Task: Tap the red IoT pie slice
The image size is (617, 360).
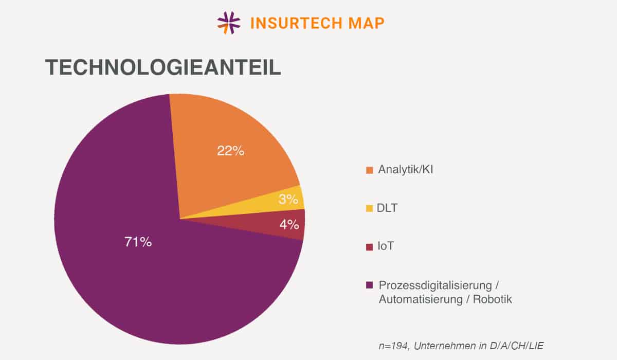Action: pos(278,226)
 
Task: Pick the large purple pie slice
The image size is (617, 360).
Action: pos(129,267)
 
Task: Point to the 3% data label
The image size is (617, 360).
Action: pos(288,200)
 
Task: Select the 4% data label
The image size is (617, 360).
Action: pos(289,225)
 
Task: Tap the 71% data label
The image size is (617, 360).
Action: pos(138,242)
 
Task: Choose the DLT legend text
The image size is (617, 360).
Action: pos(388,208)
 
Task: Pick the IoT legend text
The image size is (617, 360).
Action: pos(386,246)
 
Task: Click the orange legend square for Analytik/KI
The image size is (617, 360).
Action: pos(369,170)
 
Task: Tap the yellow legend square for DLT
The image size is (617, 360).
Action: pos(369,209)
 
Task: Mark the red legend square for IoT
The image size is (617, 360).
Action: pos(369,247)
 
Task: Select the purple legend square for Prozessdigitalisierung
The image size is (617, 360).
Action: pos(369,285)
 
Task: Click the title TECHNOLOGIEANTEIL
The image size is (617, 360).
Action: pos(163,68)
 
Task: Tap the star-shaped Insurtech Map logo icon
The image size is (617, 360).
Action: pos(229,23)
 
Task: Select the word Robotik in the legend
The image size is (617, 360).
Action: pos(493,299)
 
